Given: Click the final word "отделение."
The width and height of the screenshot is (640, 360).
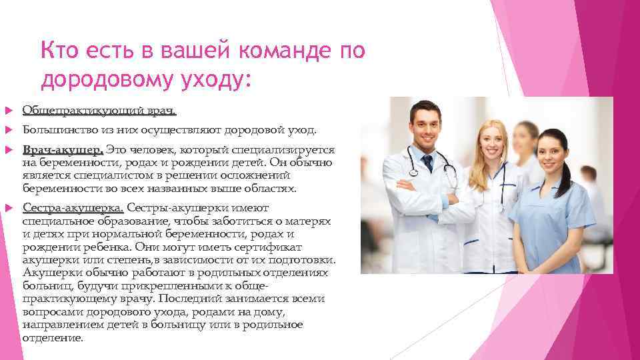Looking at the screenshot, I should [x=53, y=337].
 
